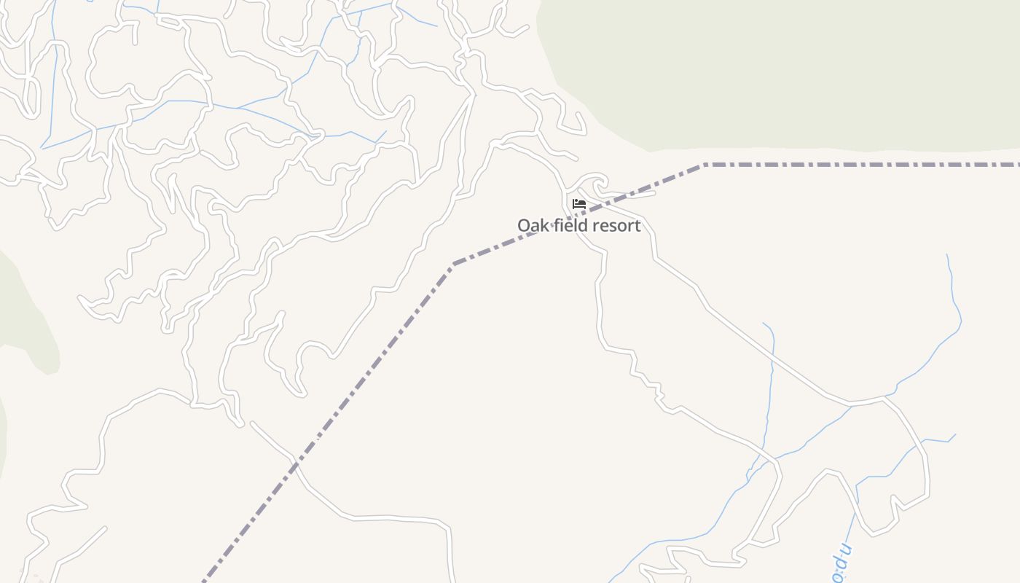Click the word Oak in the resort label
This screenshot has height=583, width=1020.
[x=533, y=226]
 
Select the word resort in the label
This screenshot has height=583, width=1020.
[x=616, y=226]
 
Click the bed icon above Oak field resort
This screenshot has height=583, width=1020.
[x=579, y=204]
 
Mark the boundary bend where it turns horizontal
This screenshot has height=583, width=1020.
[x=705, y=165]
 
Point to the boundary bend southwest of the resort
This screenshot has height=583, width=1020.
[x=453, y=263]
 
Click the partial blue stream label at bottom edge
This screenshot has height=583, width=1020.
[x=841, y=565]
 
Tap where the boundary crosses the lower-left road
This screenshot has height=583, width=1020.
[x=296, y=463]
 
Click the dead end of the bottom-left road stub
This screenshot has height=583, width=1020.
[x=105, y=528]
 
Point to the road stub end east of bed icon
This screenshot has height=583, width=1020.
[x=654, y=193]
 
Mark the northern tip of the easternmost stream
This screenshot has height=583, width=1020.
[x=947, y=255]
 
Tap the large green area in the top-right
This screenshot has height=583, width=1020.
[x=787, y=73]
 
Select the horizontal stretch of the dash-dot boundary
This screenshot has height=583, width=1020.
[x=860, y=165]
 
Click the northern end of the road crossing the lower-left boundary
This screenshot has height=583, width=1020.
[x=252, y=423]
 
